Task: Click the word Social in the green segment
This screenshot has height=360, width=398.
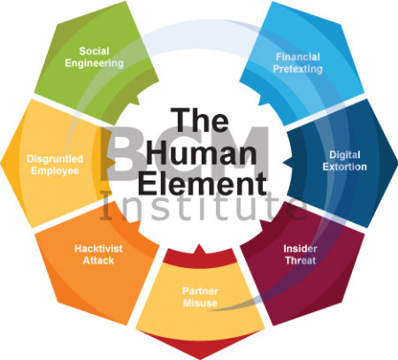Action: (x=95, y=51)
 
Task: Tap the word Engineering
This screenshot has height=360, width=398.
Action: (x=95, y=64)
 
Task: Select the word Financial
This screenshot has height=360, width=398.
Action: (x=298, y=57)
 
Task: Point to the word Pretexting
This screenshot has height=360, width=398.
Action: (x=298, y=69)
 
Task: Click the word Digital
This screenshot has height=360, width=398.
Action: (x=345, y=155)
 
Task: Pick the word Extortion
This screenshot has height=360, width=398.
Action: (x=345, y=167)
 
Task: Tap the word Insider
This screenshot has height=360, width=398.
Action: (x=300, y=249)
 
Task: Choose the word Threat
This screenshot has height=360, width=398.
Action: (x=301, y=261)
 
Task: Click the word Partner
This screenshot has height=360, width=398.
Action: (x=200, y=291)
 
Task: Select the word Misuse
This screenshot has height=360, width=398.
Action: (x=200, y=303)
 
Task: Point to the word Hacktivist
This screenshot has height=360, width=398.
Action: (x=98, y=249)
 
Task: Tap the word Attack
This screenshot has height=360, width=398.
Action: (x=98, y=261)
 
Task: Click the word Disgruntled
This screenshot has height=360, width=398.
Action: (x=55, y=159)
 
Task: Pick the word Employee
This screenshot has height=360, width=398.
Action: (x=55, y=171)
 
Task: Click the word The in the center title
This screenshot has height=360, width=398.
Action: (x=199, y=120)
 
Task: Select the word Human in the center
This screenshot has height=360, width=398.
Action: (x=202, y=152)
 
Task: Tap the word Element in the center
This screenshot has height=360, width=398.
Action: (x=203, y=184)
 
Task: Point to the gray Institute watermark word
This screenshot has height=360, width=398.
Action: (x=203, y=205)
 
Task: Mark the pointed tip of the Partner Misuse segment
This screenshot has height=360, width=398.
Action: (x=200, y=359)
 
